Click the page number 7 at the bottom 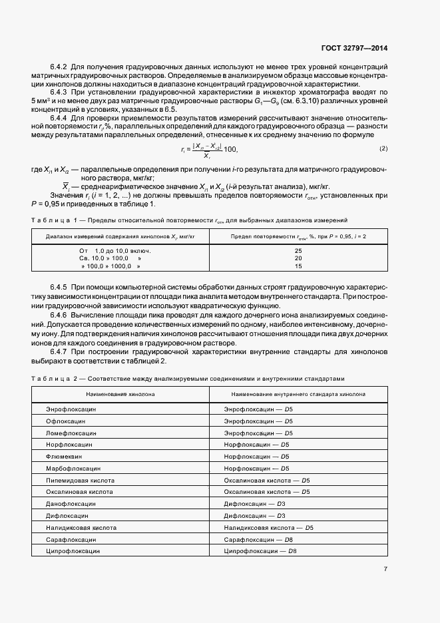coord(385,568)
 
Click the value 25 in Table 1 coord(298,250)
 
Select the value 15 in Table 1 coord(298,266)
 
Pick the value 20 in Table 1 coord(298,258)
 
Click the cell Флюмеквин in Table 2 coord(63,456)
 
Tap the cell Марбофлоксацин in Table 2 coord(73,468)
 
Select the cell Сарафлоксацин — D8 coord(259,539)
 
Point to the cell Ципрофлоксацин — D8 coord(260,551)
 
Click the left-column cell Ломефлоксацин coord(71,432)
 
